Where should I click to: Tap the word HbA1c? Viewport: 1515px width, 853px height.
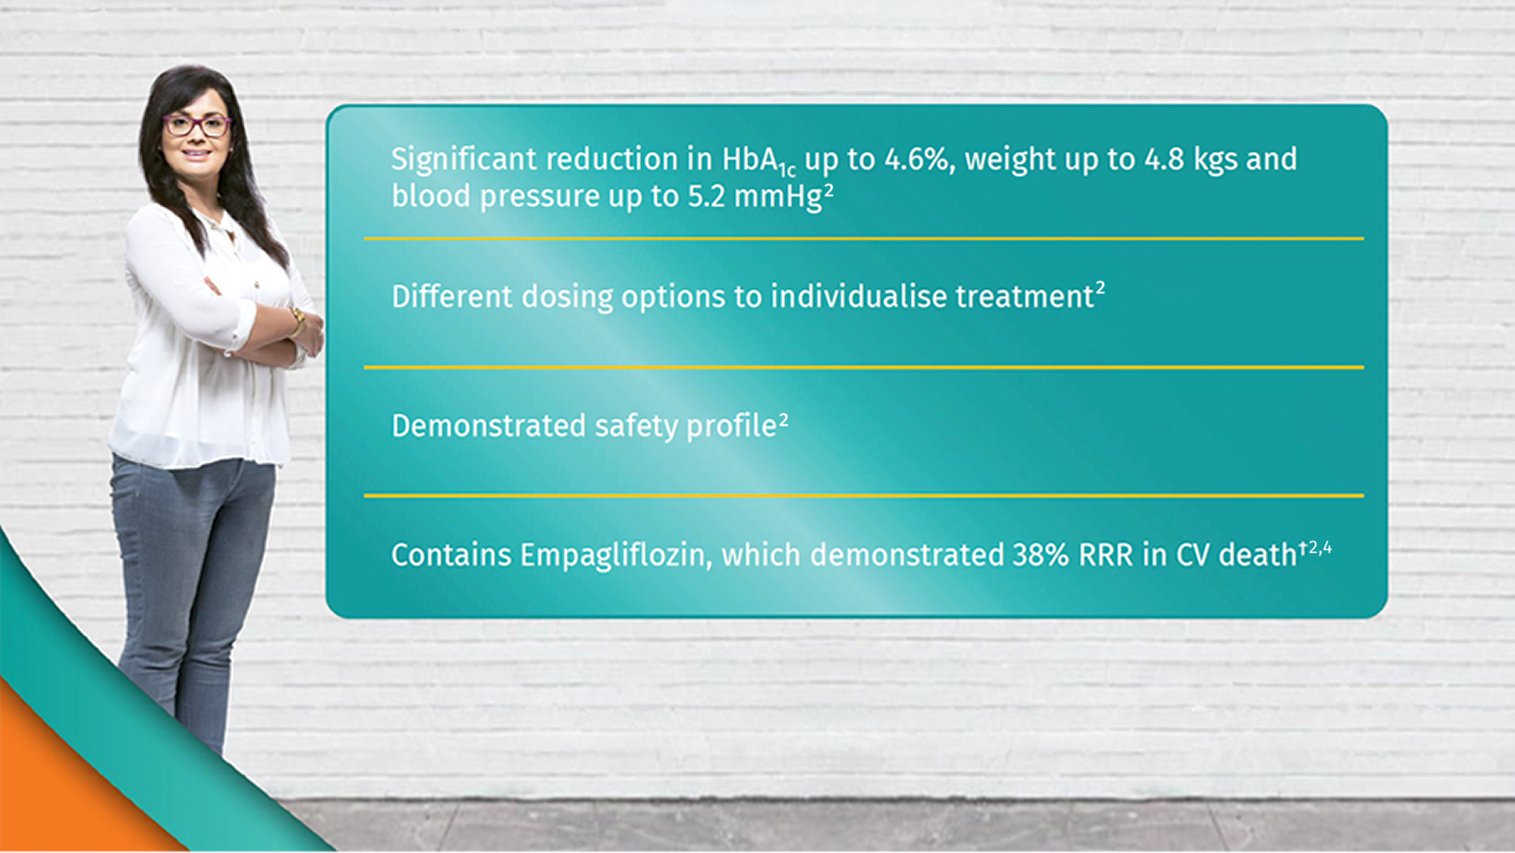tap(758, 161)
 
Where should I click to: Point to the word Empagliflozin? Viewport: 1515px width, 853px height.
tap(615, 556)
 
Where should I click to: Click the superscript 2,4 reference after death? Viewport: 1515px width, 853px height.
tap(1320, 548)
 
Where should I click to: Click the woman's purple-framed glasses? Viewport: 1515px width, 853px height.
tap(196, 126)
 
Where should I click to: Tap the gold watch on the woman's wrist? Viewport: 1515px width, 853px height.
tap(297, 320)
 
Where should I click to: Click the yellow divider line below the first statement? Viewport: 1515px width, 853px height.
tap(863, 239)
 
